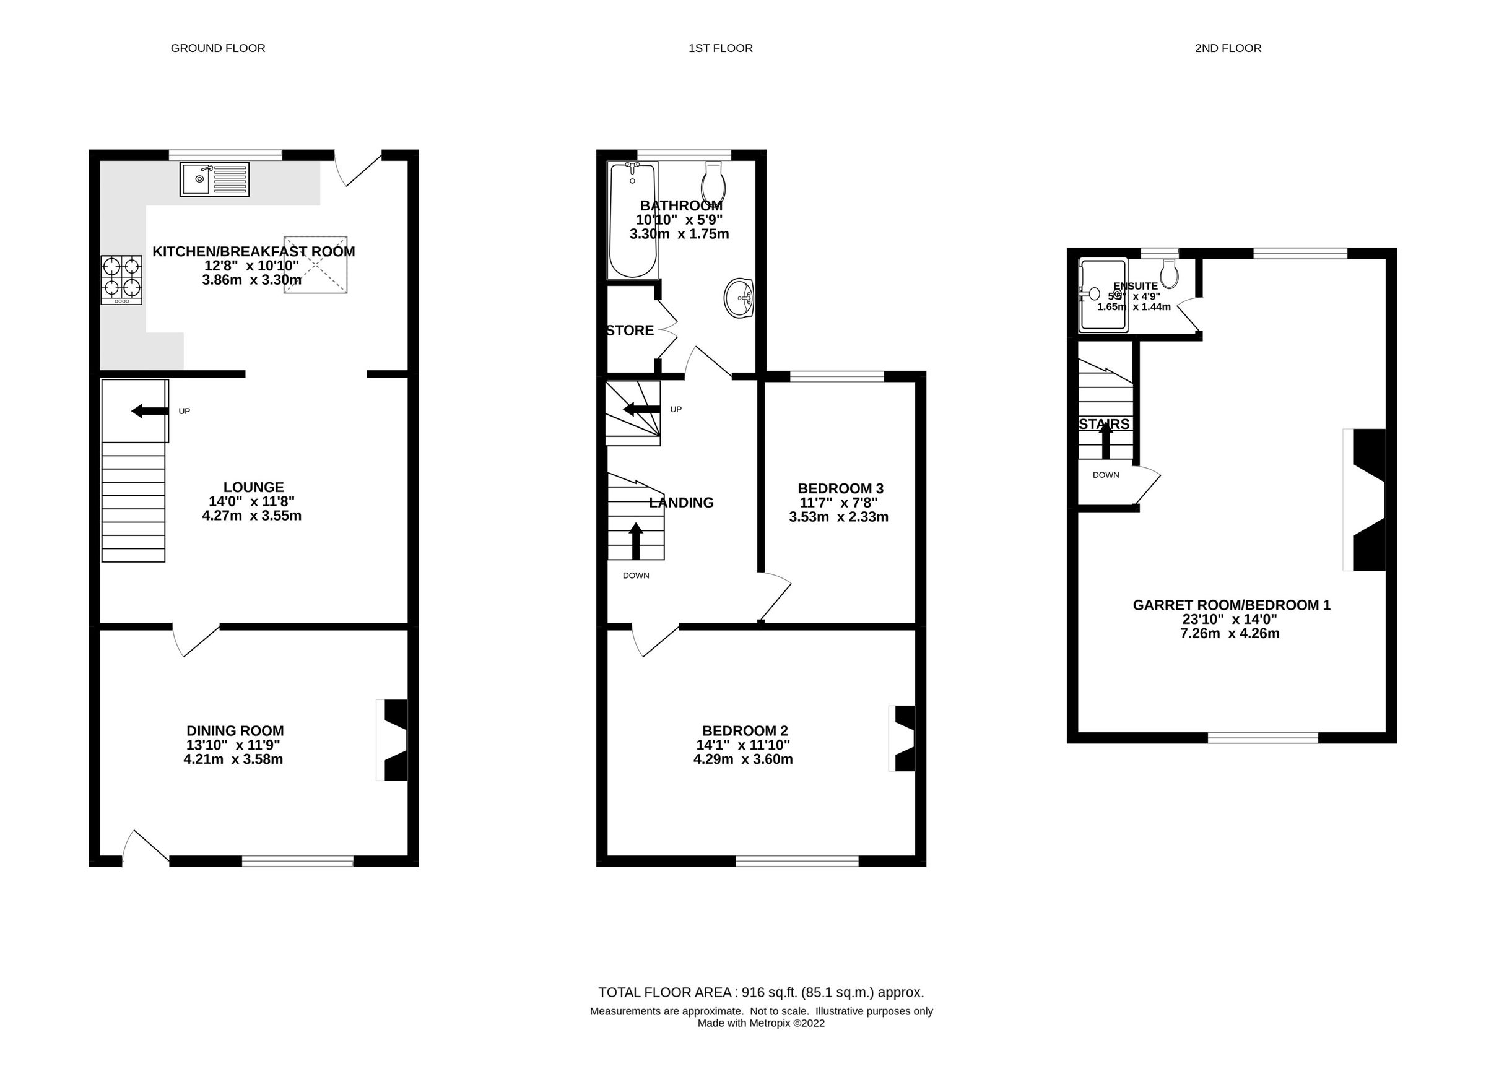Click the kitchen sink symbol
pos(214,179)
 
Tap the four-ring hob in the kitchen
pos(121,279)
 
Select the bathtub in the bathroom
pos(632,220)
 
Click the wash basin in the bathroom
pos(739,298)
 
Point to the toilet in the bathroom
pos(713,183)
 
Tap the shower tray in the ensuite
pos(1103,295)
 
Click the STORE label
pos(630,331)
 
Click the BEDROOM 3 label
pos(840,489)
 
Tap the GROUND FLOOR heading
pos(217,48)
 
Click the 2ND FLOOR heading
pos(1227,48)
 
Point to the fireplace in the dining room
pos(394,740)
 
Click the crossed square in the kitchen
pos(315,265)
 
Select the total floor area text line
pos(761,992)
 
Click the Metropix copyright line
pos(761,1023)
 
